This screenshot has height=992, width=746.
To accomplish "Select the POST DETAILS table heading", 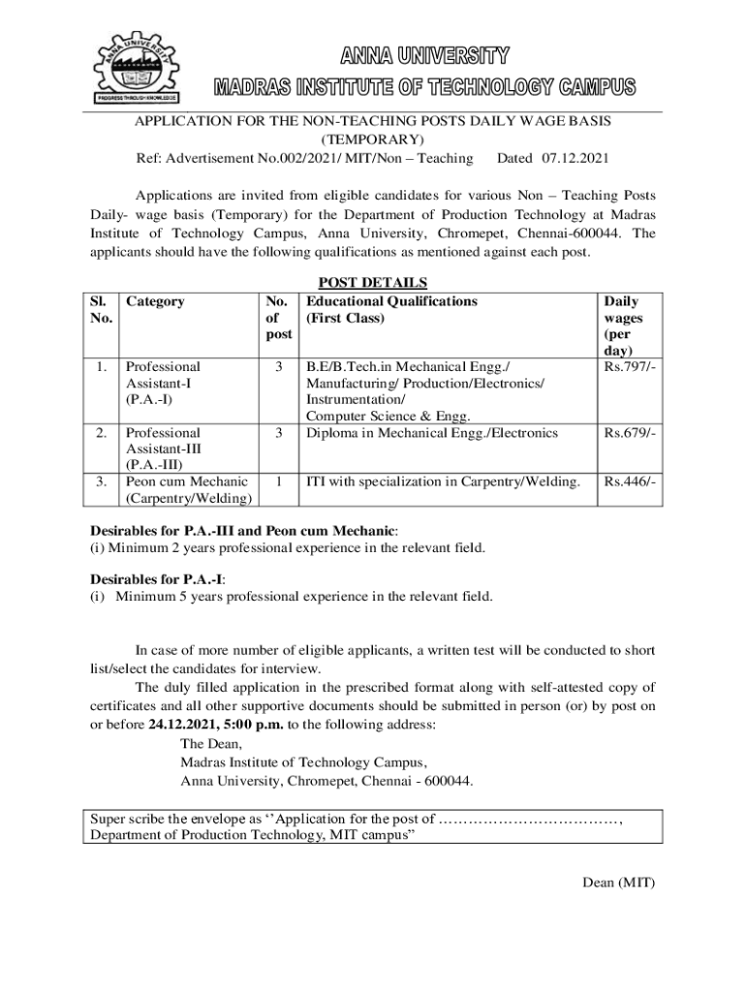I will click(373, 283).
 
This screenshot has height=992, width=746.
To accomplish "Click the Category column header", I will click(156, 301).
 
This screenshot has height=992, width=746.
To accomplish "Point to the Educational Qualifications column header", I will click(391, 301).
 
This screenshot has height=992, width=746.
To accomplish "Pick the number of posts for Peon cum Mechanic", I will click(279, 481).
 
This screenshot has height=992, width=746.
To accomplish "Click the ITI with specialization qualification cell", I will click(443, 481).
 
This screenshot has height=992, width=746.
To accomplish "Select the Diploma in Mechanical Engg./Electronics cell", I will click(432, 433).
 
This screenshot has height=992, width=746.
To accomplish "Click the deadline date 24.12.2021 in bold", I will click(186, 724).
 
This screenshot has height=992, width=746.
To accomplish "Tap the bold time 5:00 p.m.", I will click(258, 724).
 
